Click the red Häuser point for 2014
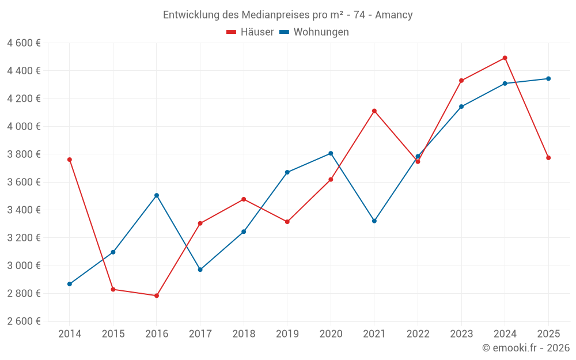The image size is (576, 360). pos(70,160)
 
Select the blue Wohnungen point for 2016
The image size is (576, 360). pos(157,195)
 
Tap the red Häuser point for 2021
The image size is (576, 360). pos(374,111)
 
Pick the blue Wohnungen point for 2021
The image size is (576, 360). pos(374,221)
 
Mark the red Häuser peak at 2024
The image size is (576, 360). pos(505,58)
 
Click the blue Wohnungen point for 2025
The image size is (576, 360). pos(548,78)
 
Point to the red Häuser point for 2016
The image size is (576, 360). pos(157,295)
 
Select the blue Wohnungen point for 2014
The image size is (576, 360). pos(70,284)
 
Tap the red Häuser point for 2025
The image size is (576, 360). pos(548,158)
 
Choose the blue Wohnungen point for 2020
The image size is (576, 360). pos(331,153)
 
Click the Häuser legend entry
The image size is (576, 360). pos(250,32)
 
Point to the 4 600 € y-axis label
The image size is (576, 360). pos(24,43)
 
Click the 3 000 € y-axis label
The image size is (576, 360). pos(24,266)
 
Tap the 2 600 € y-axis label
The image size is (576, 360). pos(24,321)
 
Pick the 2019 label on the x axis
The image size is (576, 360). pos(287,334)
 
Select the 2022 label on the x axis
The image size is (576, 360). pos(418,334)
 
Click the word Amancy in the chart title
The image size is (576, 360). pos(393,15)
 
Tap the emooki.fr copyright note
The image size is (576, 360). pos(525,348)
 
